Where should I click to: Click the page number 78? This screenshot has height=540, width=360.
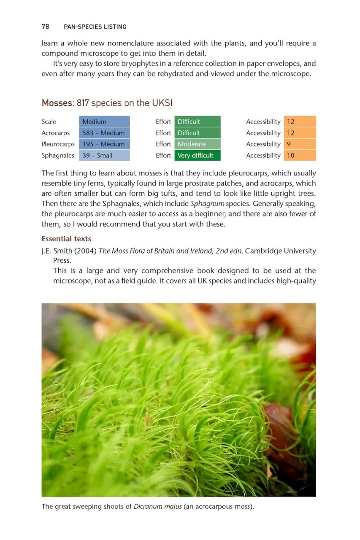click(45, 27)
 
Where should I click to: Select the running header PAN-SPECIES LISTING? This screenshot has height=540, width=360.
click(95, 27)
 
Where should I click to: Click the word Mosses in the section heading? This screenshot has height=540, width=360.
click(57, 103)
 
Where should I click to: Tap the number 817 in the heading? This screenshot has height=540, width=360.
click(83, 103)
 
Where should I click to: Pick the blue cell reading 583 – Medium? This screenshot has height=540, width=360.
click(104, 133)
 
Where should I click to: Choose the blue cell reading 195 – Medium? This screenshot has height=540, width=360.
click(104, 144)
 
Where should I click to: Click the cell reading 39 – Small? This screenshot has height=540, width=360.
click(104, 155)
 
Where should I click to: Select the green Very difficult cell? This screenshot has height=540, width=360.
click(197, 155)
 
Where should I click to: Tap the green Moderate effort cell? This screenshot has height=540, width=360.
click(197, 144)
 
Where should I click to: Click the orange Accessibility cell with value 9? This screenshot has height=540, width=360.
click(300, 144)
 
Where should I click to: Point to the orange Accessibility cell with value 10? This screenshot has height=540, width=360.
click(300, 155)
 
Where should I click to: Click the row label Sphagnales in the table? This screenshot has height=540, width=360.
click(58, 155)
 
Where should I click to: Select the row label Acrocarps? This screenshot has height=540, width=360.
click(56, 133)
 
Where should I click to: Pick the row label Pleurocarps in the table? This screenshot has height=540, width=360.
click(58, 144)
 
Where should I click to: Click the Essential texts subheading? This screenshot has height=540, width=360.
click(66, 239)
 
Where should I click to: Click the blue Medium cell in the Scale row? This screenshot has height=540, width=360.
click(104, 121)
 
